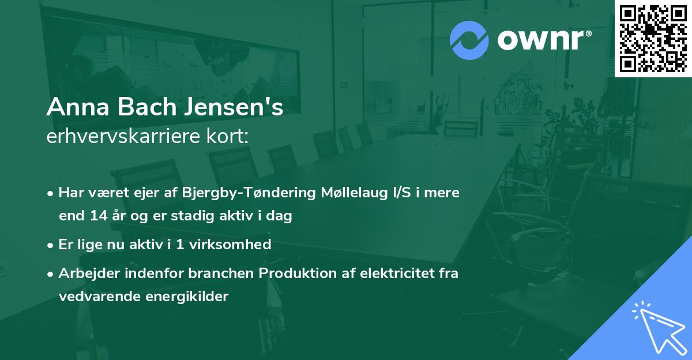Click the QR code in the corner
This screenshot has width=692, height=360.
(653, 38)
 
